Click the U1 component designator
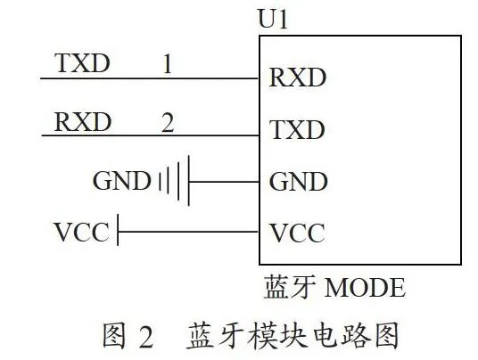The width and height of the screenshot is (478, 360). click(273, 19)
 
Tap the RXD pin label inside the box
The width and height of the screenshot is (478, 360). click(298, 78)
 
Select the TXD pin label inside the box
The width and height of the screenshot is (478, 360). click(297, 130)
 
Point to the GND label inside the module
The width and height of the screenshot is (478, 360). click(299, 182)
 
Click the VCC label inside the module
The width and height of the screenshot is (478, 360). click(298, 233)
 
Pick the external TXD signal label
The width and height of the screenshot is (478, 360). click(82, 63)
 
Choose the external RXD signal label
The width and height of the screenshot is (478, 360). click(82, 122)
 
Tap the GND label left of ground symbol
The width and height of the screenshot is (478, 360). click(121, 181)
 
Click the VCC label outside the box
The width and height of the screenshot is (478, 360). click(81, 232)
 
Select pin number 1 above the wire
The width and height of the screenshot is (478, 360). click(168, 64)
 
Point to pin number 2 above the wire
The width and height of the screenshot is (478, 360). click(168, 122)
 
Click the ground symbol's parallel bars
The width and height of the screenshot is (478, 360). click(175, 181)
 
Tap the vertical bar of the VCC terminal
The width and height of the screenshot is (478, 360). click(118, 229)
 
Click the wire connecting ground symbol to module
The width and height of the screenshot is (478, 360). click(225, 182)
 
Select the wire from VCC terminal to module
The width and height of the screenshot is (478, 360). click(189, 232)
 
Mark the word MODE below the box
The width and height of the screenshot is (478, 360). click(365, 287)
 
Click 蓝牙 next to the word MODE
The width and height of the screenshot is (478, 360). click(289, 286)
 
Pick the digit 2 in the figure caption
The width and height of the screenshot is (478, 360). click(146, 337)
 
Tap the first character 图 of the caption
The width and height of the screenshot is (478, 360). click(114, 336)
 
